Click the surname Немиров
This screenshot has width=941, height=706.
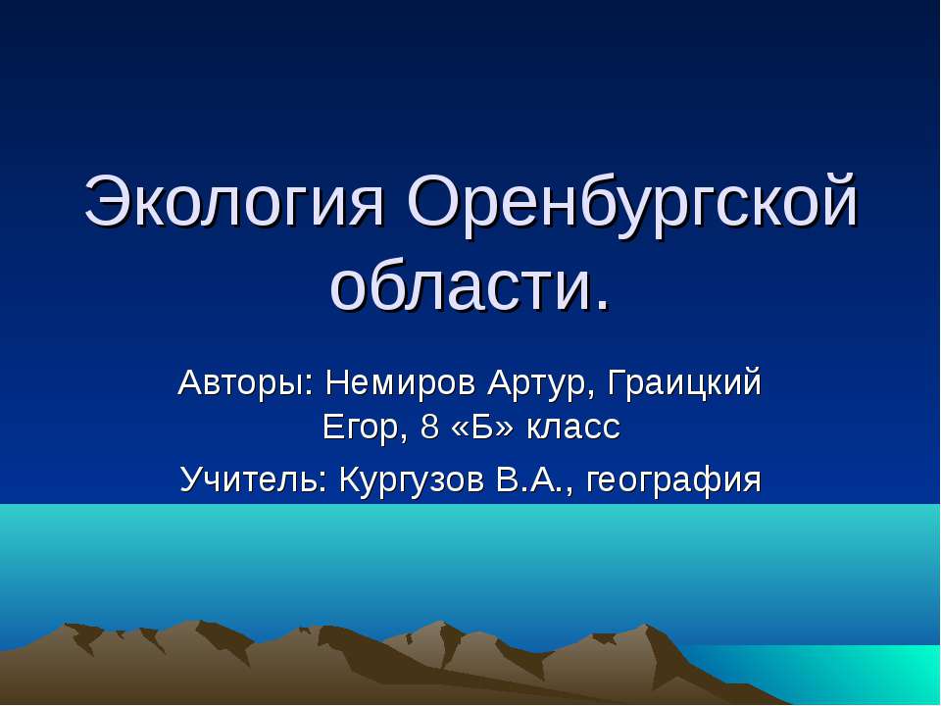coord(389,381)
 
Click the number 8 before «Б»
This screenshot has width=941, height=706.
coord(427,428)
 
